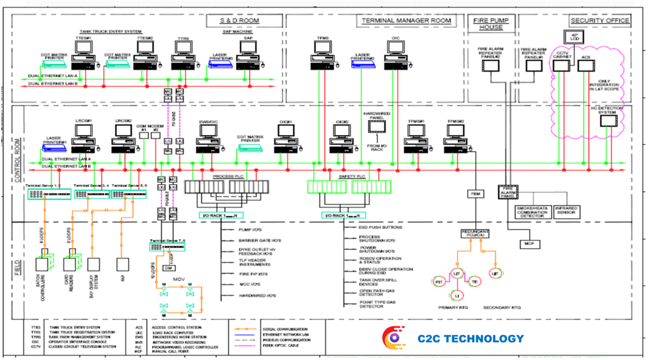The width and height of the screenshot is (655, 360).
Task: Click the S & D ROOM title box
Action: point(244,20)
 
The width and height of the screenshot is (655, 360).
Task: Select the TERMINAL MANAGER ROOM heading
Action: point(406,20)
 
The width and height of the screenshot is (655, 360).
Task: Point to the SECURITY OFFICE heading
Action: point(600,20)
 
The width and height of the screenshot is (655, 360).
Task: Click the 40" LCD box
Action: point(574,36)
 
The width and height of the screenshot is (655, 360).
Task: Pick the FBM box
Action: point(475,192)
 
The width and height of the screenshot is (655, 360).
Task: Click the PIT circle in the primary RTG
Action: point(439,281)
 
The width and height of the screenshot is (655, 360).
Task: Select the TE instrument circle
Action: point(475,281)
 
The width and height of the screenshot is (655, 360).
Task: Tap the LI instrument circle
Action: point(457,295)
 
